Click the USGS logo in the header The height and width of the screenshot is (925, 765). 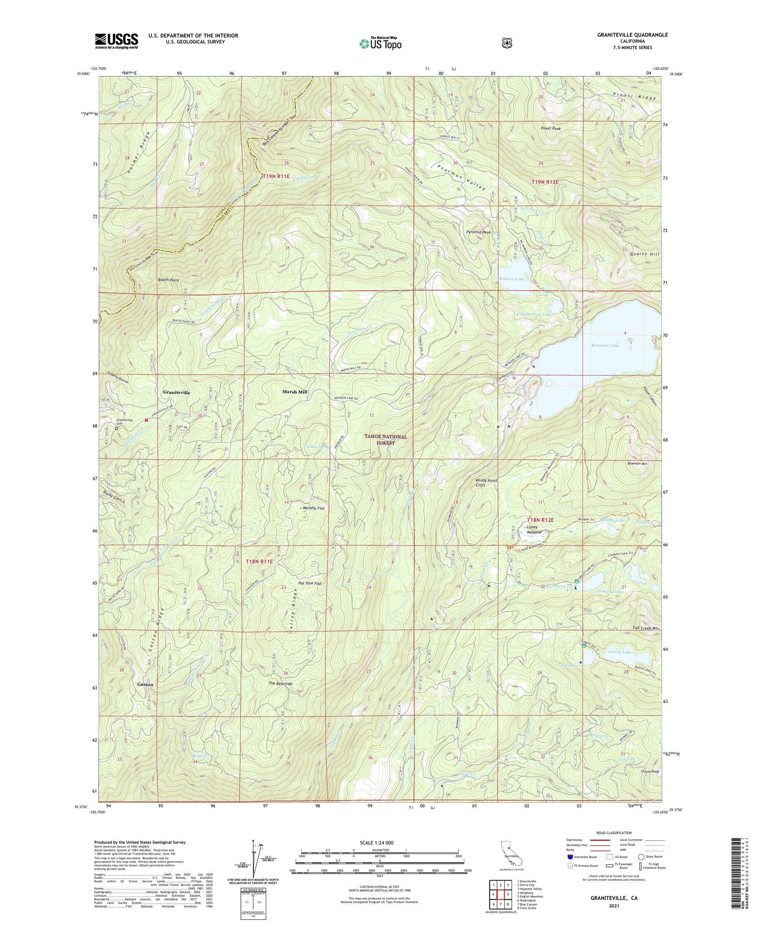click(x=116, y=41)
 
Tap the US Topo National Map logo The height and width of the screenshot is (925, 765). click(x=380, y=44)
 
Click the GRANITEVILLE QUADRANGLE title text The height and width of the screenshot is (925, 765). click(x=627, y=35)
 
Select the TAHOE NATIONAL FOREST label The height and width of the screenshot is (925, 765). click(x=386, y=440)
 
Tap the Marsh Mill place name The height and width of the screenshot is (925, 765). click(x=295, y=392)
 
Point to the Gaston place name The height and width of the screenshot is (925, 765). click(x=145, y=684)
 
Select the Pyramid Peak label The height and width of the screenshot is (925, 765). click(x=478, y=232)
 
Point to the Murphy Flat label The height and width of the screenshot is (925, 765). click(x=314, y=508)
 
